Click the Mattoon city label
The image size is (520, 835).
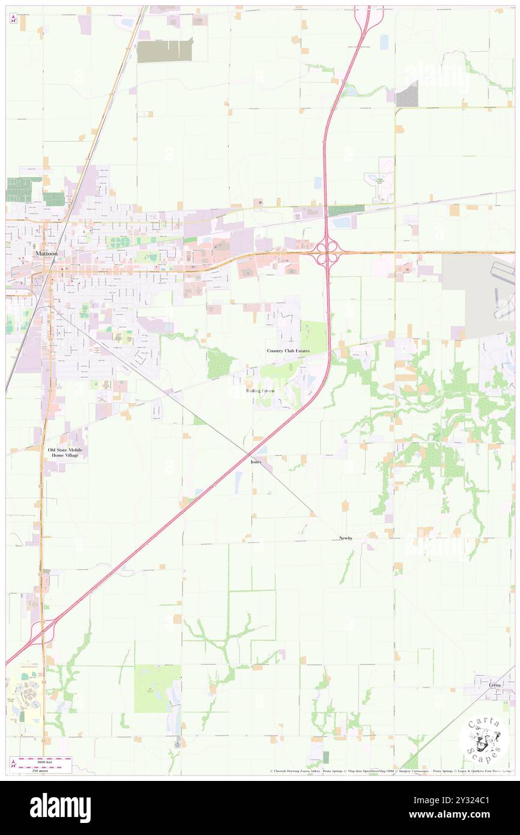coord(46,254)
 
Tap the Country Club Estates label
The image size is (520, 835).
coord(288,350)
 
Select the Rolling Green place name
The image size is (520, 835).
coord(260,390)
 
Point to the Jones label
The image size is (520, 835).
coord(256,462)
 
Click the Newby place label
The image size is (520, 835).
coord(346,538)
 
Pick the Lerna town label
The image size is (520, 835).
coord(494,685)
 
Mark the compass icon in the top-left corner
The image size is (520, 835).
coord(13,19)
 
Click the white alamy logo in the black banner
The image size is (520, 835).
coord(60,807)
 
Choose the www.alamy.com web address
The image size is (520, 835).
coord(471,815)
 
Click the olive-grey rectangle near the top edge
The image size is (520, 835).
coord(165,50)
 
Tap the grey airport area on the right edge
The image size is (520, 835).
coord(480,294)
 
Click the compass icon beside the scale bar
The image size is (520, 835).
coord(13,764)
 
